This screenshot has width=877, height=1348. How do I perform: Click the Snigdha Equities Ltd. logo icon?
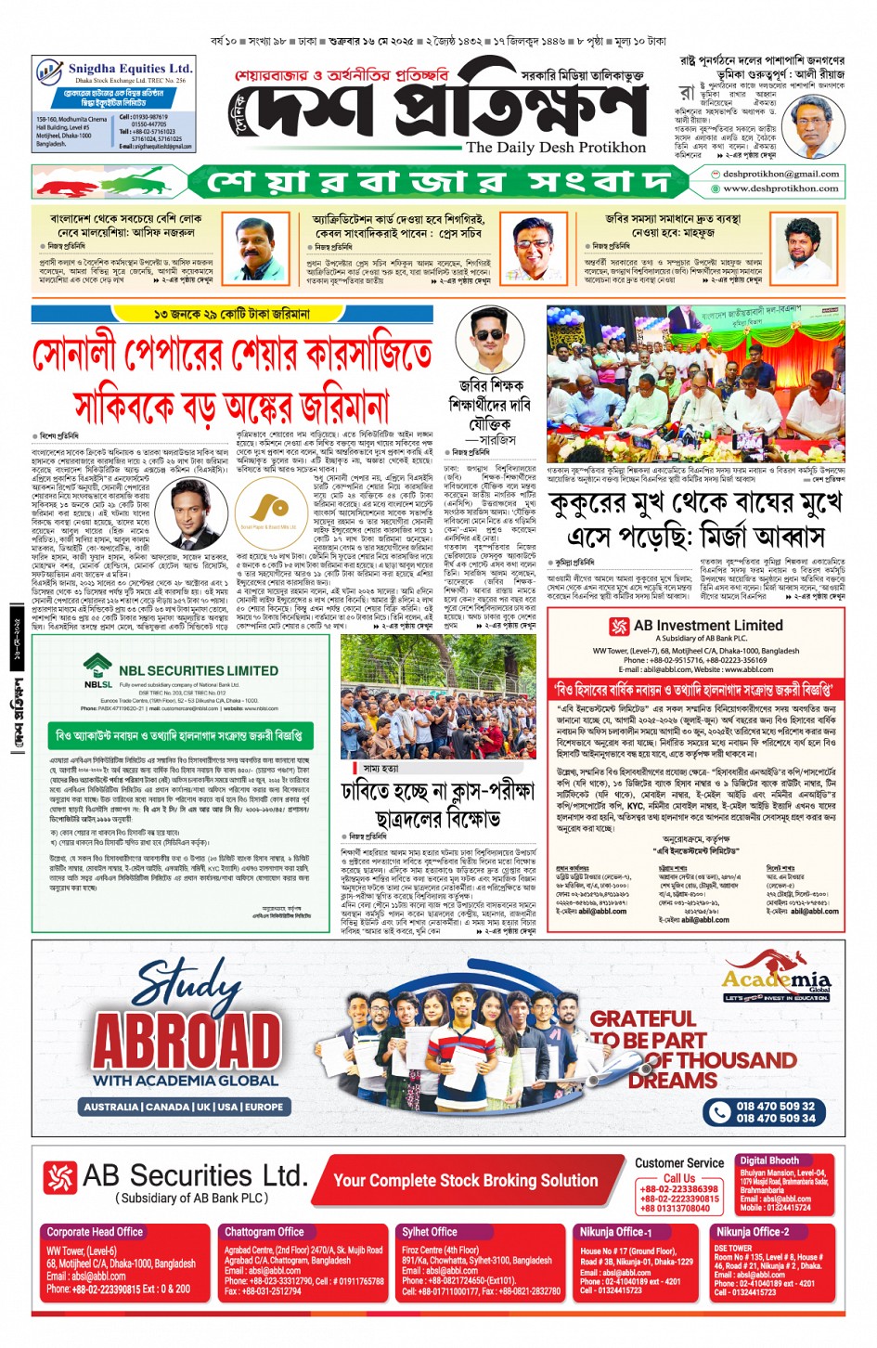(49, 72)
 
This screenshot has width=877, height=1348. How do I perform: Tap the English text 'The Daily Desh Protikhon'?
(555, 148)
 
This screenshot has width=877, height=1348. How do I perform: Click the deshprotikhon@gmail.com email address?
(780, 174)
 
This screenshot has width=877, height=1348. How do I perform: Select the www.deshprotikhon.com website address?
(780, 188)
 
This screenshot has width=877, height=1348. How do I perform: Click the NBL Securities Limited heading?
(198, 670)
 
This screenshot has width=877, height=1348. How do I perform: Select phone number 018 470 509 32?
(775, 1106)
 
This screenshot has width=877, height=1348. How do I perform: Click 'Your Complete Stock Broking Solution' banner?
(465, 1181)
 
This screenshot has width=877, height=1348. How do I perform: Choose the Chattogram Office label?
(264, 1232)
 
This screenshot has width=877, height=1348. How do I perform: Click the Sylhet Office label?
(429, 1232)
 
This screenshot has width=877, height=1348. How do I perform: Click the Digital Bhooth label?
(768, 1160)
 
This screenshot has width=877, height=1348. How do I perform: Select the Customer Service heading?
(679, 1163)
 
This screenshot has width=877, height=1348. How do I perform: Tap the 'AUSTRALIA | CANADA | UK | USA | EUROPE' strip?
(183, 1107)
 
